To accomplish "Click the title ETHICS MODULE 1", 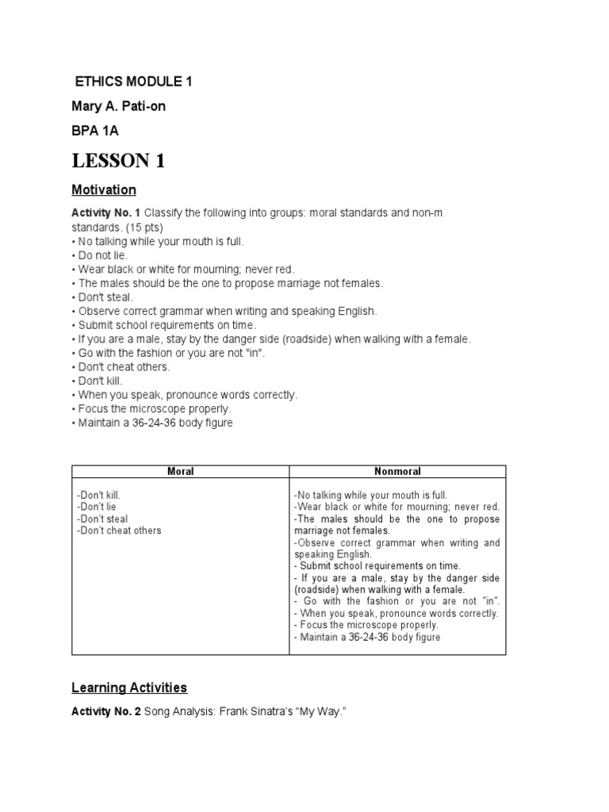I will (133, 82).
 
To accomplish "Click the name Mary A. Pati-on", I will (119, 106).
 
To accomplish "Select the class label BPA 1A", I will (96, 130).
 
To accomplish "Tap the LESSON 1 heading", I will (118, 161).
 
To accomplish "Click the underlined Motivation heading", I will (104, 190).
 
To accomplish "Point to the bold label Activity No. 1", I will (106, 213).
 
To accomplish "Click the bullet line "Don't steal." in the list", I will (102, 297).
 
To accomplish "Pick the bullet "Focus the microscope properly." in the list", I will (155, 408).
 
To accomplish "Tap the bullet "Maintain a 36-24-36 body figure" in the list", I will (155, 423).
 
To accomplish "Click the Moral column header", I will (180, 472).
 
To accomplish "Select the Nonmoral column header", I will (396, 472).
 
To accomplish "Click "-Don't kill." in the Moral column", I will (99, 495).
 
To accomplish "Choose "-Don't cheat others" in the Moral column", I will (119, 530).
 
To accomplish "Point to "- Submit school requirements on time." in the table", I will (377, 566).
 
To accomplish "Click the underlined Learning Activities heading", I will (129, 688).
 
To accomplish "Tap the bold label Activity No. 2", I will (106, 713).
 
